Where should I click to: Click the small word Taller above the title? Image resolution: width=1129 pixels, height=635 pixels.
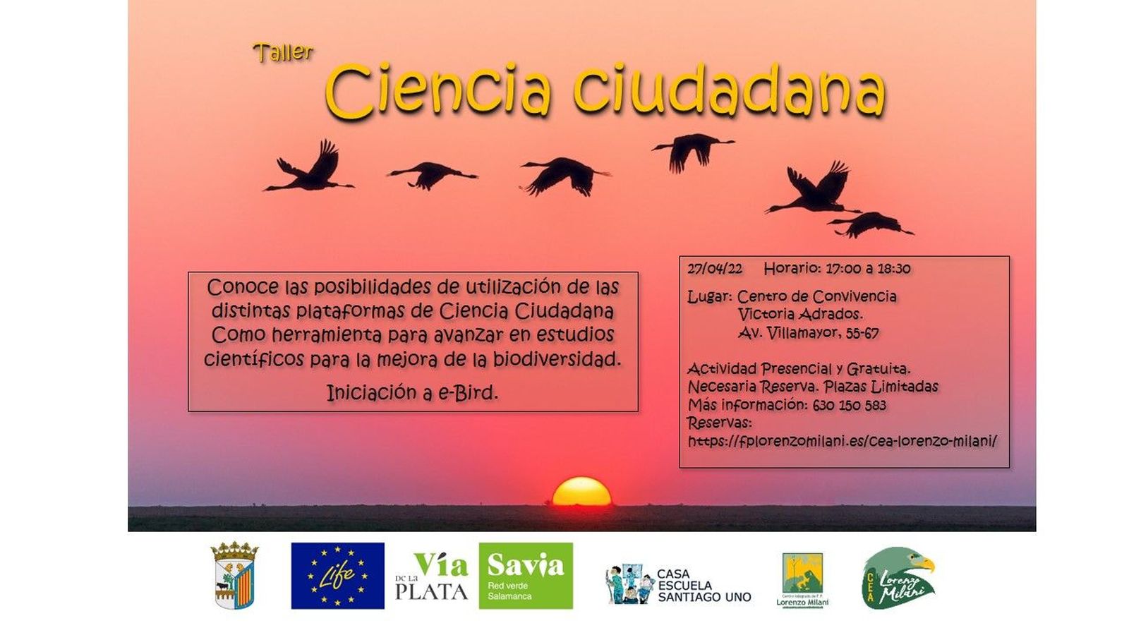point(283,52)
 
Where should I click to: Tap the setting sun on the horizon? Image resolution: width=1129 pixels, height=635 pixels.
point(581,492)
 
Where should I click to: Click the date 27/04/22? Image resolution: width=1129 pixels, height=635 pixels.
point(715,269)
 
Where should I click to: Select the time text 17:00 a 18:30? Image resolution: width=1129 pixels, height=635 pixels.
point(868,269)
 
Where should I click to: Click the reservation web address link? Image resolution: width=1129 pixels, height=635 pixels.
point(842,441)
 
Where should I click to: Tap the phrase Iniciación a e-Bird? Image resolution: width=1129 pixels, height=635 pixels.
point(412,393)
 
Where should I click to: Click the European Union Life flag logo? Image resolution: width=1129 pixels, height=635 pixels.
point(337,576)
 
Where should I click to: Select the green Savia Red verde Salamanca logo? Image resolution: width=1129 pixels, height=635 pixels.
point(526,576)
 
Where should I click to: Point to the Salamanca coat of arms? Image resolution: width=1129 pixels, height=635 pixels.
point(235,575)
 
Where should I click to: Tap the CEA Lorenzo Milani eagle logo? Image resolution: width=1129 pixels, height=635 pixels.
point(898,578)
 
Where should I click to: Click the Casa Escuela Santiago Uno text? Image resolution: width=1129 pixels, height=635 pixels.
point(704,586)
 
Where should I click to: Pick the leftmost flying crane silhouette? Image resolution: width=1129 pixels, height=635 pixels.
point(310,169)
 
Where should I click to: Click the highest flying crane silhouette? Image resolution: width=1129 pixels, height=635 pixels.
point(692,150)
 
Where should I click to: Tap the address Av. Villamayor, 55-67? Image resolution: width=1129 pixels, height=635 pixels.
point(808,333)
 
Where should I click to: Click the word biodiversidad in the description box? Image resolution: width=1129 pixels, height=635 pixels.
point(557,359)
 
